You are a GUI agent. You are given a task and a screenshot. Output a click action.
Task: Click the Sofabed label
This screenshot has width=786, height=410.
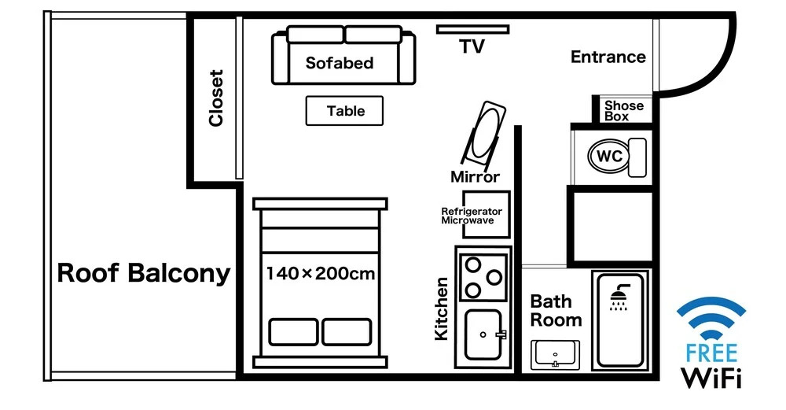tap(340, 63)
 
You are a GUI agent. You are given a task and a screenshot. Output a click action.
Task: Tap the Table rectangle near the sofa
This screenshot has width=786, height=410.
tap(344, 111)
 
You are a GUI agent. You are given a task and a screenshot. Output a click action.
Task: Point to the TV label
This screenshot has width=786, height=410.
tap(472, 47)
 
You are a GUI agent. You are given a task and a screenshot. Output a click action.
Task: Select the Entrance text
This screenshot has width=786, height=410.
tap(608, 57)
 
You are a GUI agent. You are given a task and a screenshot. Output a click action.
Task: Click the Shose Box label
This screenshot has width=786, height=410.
tap(623, 111)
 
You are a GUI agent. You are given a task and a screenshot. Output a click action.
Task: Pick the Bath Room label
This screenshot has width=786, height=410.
tap(556, 311)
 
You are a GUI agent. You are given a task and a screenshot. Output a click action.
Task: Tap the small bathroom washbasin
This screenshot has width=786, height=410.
tap(556, 354)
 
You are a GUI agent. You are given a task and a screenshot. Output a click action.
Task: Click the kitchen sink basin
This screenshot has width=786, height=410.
tap(482, 334)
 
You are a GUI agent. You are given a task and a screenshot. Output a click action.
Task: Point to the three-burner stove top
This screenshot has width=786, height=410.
tap(483, 277)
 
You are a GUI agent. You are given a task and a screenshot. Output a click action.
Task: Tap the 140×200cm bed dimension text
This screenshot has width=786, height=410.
tap(320, 274)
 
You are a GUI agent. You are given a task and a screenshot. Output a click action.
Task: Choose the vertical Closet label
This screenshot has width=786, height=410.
tap(216, 98)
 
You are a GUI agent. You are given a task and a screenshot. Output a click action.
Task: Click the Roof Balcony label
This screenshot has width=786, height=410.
tap(144, 273)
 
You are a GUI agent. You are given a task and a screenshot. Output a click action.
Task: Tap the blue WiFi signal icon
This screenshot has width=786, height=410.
tap(711, 317)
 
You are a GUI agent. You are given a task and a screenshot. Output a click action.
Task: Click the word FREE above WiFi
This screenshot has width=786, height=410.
tap(711, 352)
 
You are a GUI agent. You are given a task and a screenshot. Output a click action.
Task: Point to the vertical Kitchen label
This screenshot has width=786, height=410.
tap(442, 308)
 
